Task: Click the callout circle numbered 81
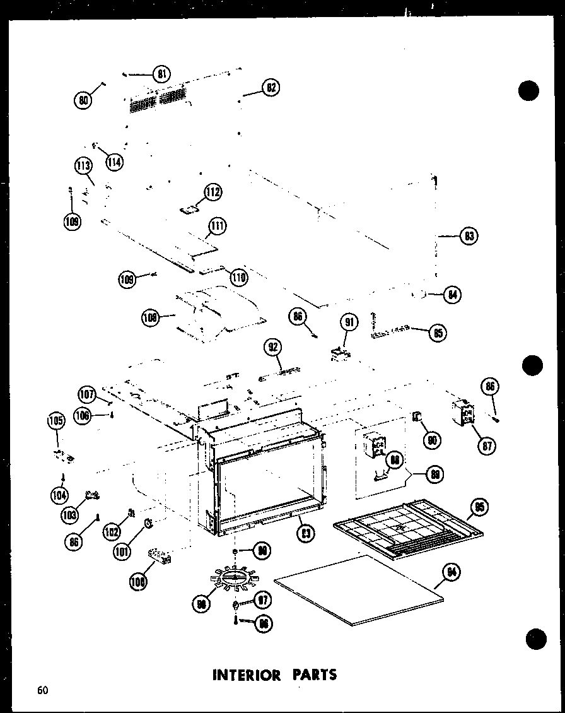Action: (x=163, y=74)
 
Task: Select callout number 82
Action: (x=271, y=88)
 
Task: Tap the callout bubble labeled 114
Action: (x=114, y=161)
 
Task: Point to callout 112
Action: (x=213, y=192)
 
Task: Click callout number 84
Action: (x=451, y=295)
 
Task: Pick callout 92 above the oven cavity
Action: (x=274, y=347)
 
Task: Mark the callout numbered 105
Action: (x=56, y=420)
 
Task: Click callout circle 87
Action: (x=486, y=445)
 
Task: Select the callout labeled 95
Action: (x=479, y=507)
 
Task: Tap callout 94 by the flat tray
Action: (x=451, y=573)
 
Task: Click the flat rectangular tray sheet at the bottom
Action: (x=359, y=590)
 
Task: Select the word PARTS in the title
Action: (x=313, y=675)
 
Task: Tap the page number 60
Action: (x=42, y=690)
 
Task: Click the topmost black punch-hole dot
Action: (x=529, y=91)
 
